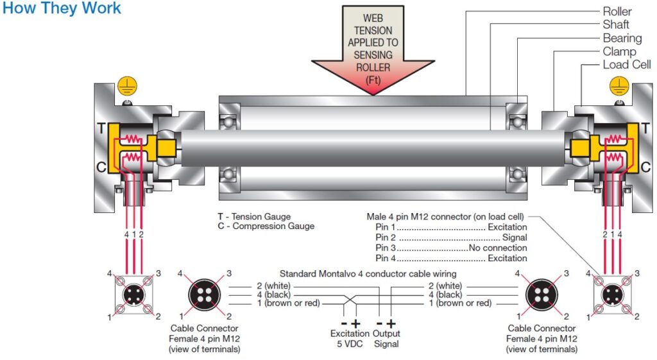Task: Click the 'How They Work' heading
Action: pyautogui.click(x=62, y=9)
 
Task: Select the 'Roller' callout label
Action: pyautogui.click(x=617, y=11)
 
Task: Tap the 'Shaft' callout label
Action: pyautogui.click(x=615, y=24)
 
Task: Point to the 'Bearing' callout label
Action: pyautogui.click(x=622, y=38)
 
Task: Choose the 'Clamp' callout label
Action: pyautogui.click(x=619, y=51)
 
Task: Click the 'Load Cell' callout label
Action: pyautogui.click(x=626, y=65)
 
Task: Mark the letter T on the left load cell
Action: pyautogui.click(x=100, y=128)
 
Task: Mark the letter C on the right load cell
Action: pyautogui.click(x=645, y=166)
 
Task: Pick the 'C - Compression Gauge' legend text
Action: pyautogui.click(x=266, y=226)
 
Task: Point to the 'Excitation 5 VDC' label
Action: pyautogui.click(x=350, y=338)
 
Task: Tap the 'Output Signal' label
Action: pyautogui.click(x=386, y=338)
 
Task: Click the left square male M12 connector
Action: pyautogui.click(x=134, y=296)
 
